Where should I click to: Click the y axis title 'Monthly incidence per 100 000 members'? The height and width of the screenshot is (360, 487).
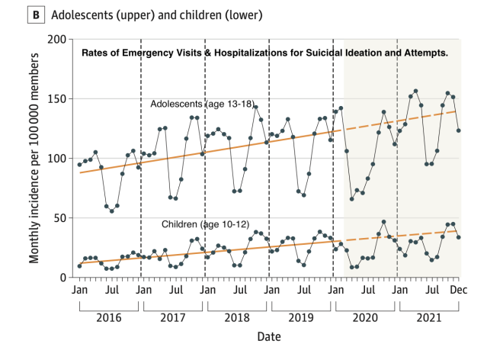pos(35,158)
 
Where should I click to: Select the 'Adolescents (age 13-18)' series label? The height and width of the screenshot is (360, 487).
pos(201,103)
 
